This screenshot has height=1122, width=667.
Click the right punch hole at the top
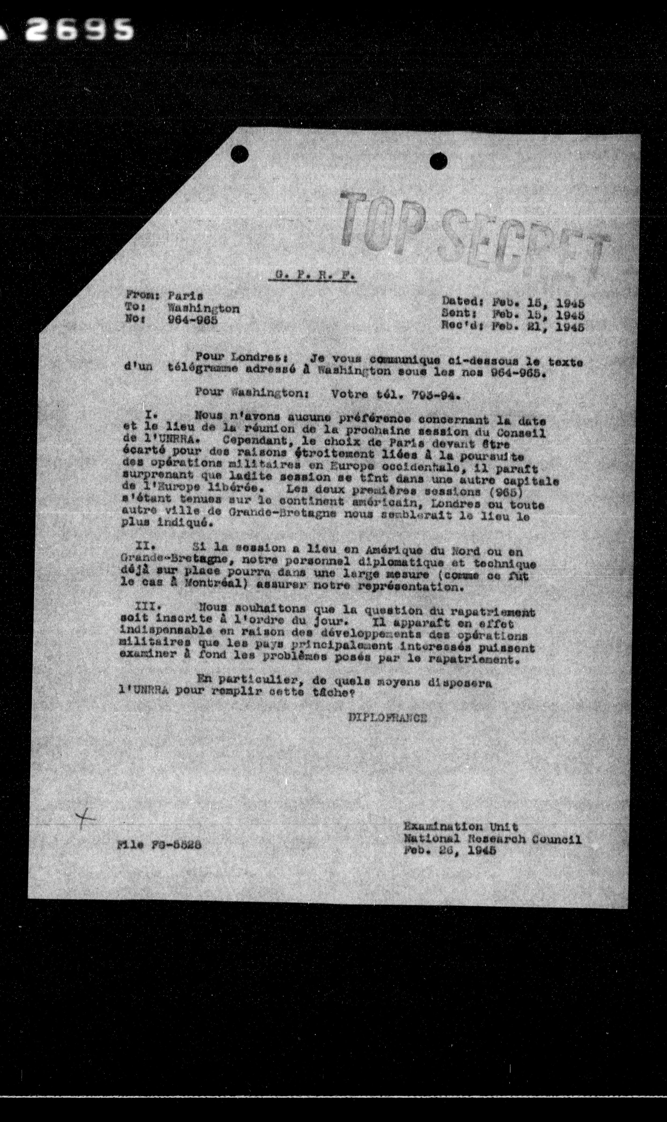(x=438, y=161)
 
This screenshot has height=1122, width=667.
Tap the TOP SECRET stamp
(x=472, y=234)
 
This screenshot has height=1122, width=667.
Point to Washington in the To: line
(x=203, y=309)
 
